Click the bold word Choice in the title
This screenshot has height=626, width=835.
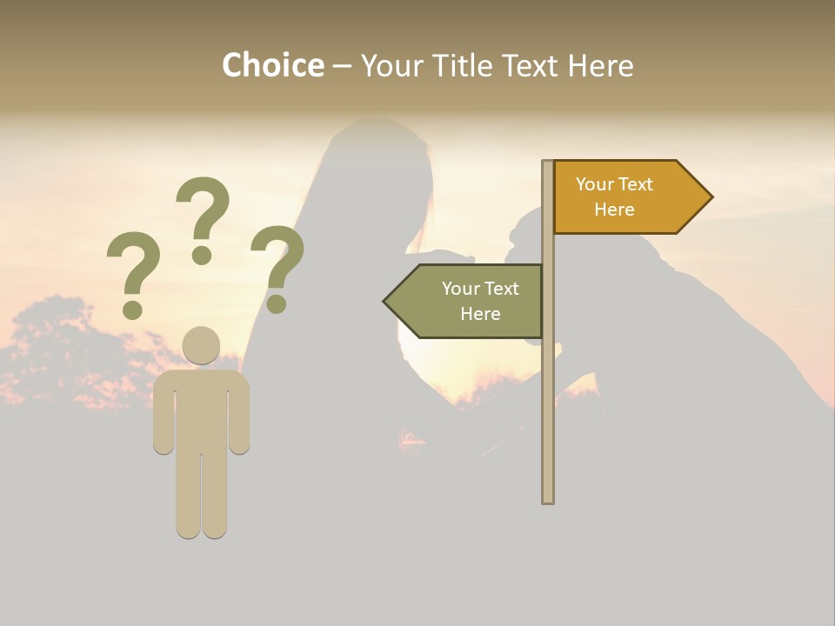[x=272, y=65]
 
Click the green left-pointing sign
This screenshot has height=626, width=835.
[x=470, y=301]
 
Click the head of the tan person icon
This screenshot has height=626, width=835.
[x=201, y=346]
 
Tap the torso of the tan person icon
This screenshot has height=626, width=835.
[x=201, y=409]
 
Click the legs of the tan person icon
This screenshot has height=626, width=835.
[x=201, y=496]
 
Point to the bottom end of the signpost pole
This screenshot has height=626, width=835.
[x=548, y=499]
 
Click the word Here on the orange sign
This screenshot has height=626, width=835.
[x=614, y=210]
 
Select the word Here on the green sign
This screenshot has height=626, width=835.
[x=480, y=314]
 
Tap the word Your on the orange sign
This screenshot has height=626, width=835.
[x=594, y=184]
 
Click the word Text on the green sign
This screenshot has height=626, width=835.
[x=501, y=289]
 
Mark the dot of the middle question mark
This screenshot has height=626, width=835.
[x=203, y=255]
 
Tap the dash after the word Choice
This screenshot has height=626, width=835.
[x=342, y=66]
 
